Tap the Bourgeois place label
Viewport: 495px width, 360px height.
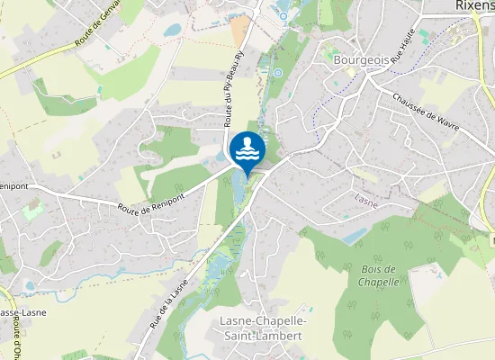[x=361, y=59]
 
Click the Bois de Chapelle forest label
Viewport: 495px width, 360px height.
[x=379, y=275]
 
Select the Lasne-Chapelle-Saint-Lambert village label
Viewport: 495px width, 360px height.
[x=263, y=328]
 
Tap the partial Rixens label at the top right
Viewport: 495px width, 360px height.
[x=472, y=8]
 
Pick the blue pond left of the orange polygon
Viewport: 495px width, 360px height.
[x=171, y=30]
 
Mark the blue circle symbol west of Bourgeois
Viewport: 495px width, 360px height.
[x=278, y=72]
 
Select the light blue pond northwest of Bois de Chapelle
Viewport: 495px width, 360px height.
[x=355, y=237]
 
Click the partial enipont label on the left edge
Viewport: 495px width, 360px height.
[x=15, y=186]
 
